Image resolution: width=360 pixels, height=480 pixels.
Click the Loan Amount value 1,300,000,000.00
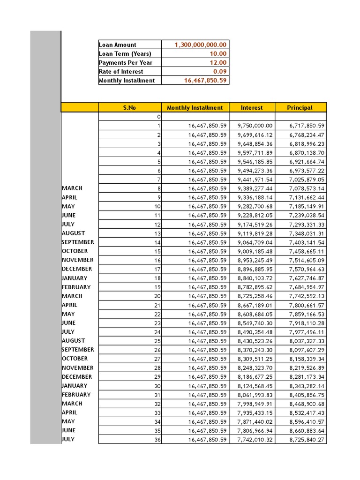[x=200, y=45]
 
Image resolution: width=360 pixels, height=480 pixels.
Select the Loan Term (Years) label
[x=125, y=54]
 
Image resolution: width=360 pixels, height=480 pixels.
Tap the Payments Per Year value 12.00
[x=217, y=63]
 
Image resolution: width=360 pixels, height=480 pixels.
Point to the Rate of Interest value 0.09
[x=220, y=72]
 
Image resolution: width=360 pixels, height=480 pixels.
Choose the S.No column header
[x=129, y=108]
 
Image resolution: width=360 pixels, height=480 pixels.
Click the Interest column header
[x=252, y=108]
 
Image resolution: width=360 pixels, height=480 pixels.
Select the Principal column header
[x=300, y=108]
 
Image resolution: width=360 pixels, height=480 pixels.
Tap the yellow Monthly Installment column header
[x=195, y=108]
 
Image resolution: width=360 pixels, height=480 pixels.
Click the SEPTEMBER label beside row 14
[x=78, y=242]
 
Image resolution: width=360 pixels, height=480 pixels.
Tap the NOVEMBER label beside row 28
[x=77, y=368]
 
